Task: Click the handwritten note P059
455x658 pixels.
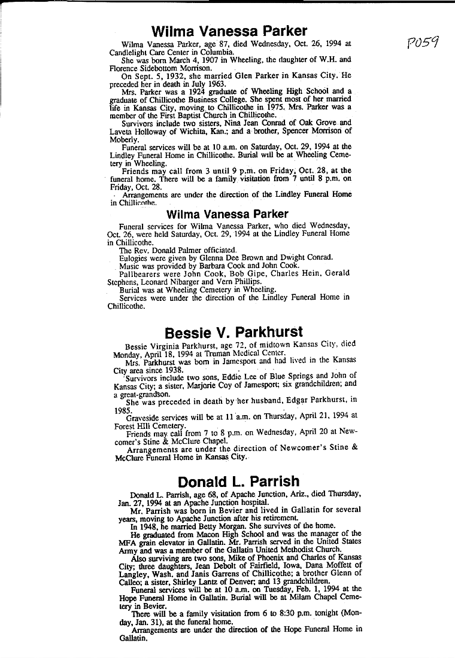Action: [423, 43]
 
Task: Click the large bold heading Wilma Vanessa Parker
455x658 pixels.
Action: [229, 31]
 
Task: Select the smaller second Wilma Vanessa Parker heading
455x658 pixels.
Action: [227, 214]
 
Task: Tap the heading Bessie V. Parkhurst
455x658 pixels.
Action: [233, 332]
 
